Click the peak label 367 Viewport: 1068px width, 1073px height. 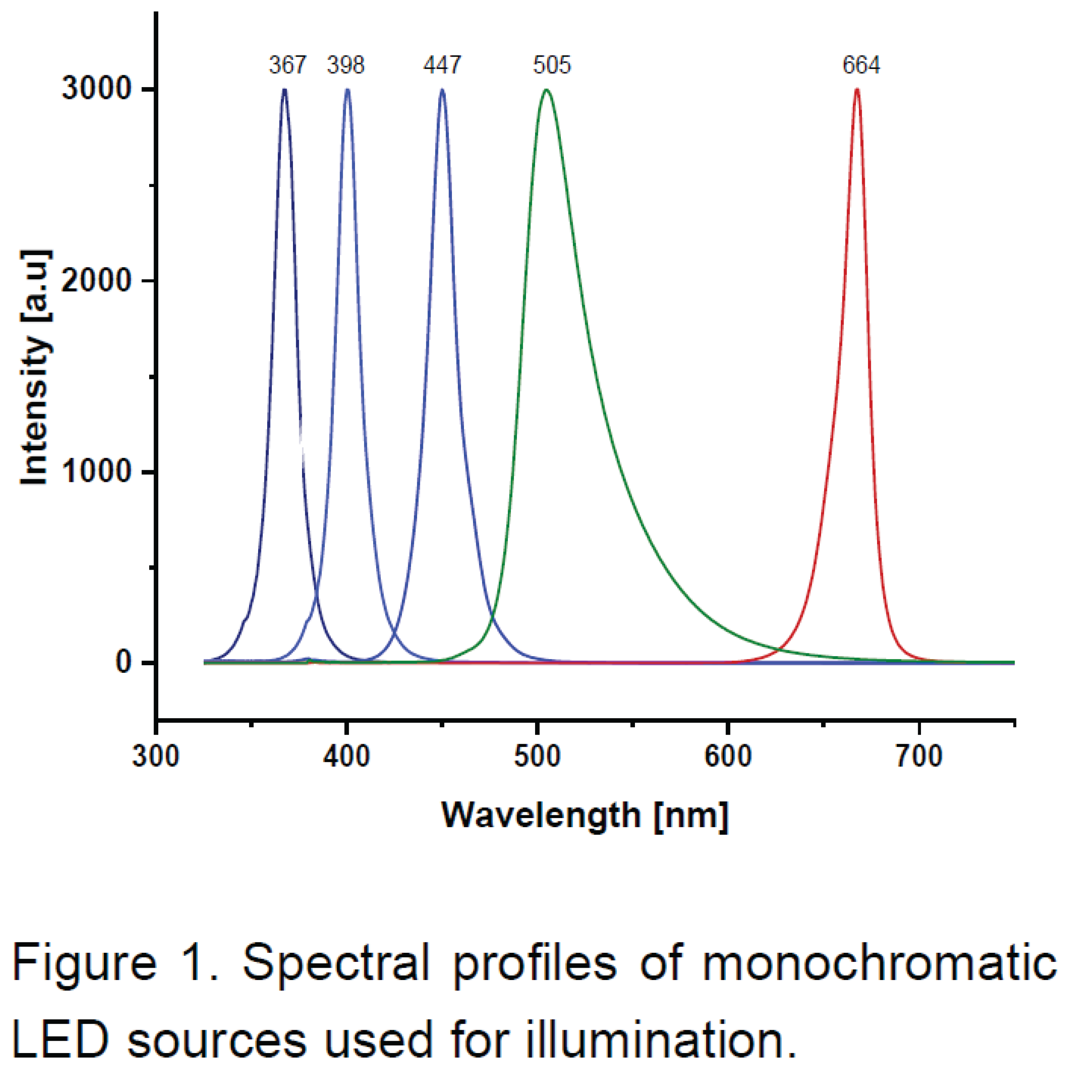(288, 65)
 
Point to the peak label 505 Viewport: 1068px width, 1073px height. (552, 65)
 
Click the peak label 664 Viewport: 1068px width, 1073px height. (861, 65)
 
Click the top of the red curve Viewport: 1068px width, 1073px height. (857, 89)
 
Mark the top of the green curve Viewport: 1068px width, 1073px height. (547, 89)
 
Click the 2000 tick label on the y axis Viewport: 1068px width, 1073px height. (96, 280)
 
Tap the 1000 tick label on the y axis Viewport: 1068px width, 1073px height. (96, 472)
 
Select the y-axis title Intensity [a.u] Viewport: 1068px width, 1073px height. (35, 368)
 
